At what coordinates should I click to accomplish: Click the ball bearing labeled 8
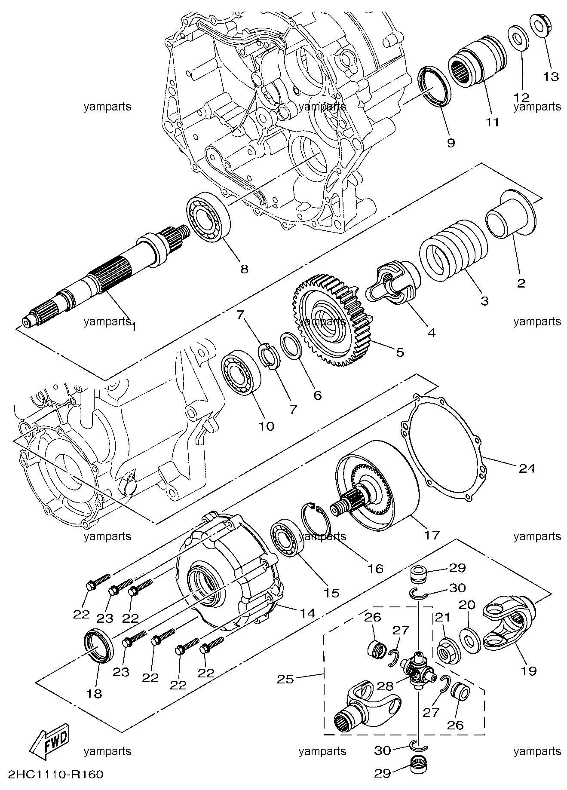pos(208,217)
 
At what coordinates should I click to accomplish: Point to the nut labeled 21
pos(448,654)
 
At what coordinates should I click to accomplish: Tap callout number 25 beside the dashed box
pos(285,680)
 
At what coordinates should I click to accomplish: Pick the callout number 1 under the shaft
pos(134,328)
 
